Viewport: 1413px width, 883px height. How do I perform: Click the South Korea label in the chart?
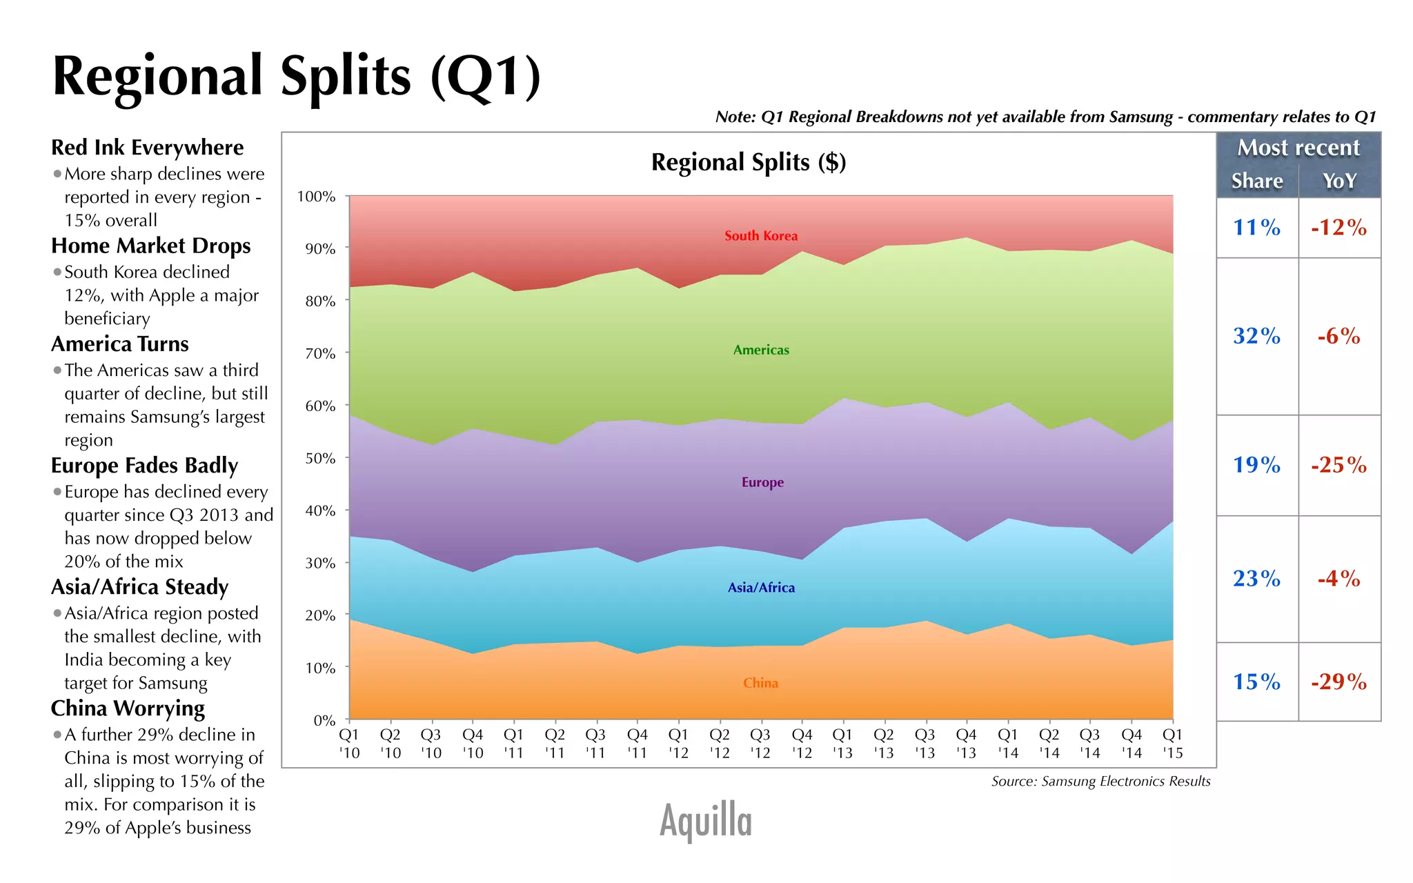(760, 236)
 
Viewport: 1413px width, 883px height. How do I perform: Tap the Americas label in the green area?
(760, 350)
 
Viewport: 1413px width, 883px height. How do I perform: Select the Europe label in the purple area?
(762, 482)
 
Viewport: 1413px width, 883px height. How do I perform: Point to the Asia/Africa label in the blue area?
(761, 588)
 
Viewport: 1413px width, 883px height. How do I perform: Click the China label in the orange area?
(760, 683)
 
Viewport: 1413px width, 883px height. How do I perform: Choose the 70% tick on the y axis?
(320, 354)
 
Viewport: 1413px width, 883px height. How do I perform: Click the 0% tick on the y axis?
(324, 720)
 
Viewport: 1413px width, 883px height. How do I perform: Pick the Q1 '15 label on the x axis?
(1172, 744)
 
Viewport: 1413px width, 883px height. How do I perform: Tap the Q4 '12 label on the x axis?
(802, 744)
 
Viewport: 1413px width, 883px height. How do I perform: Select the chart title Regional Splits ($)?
(748, 162)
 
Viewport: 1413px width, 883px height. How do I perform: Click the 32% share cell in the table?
(1256, 336)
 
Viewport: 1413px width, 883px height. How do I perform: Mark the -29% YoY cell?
(1338, 682)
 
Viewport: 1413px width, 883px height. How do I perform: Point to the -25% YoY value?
(1338, 465)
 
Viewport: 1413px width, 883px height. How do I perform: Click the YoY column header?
(1339, 181)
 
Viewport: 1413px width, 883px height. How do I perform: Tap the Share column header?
(1257, 181)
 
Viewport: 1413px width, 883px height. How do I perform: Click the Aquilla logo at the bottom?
(705, 821)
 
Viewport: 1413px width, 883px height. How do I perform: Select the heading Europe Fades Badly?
(144, 466)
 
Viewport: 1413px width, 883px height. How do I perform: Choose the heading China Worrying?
(128, 708)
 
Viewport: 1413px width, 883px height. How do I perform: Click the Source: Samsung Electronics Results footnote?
(1100, 782)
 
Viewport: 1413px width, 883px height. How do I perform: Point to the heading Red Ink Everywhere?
(147, 148)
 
